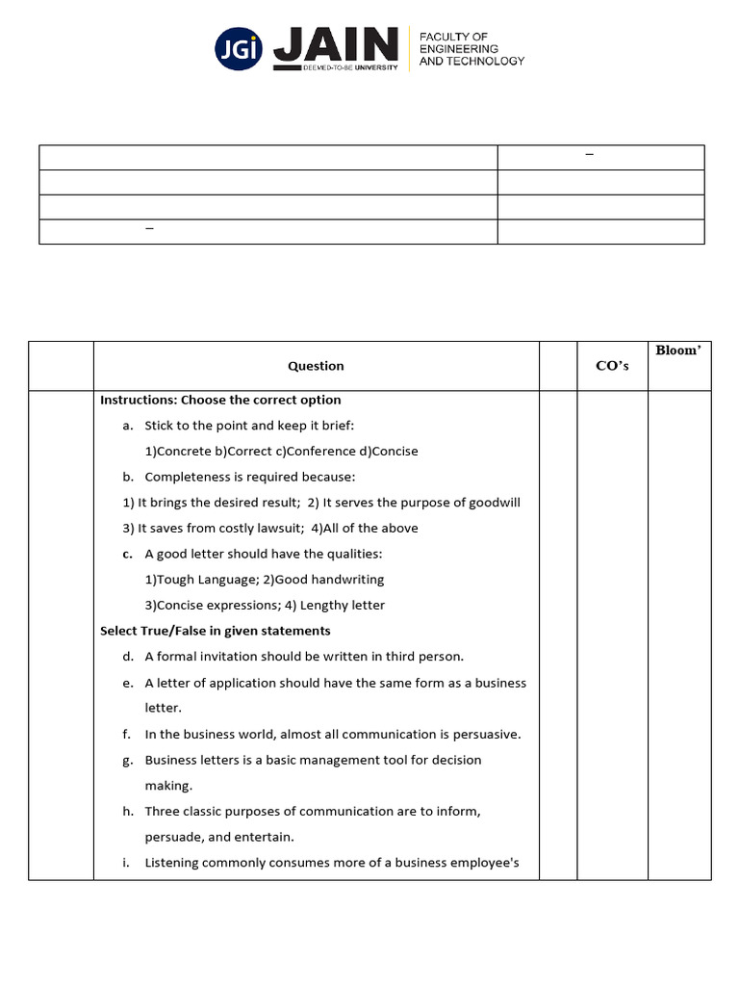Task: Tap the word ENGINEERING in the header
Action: tap(458, 48)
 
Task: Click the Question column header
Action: tap(316, 366)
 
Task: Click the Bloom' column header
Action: tap(677, 350)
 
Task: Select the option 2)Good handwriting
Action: tap(323, 580)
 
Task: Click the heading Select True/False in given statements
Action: tap(216, 631)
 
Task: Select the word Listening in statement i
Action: tap(171, 863)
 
